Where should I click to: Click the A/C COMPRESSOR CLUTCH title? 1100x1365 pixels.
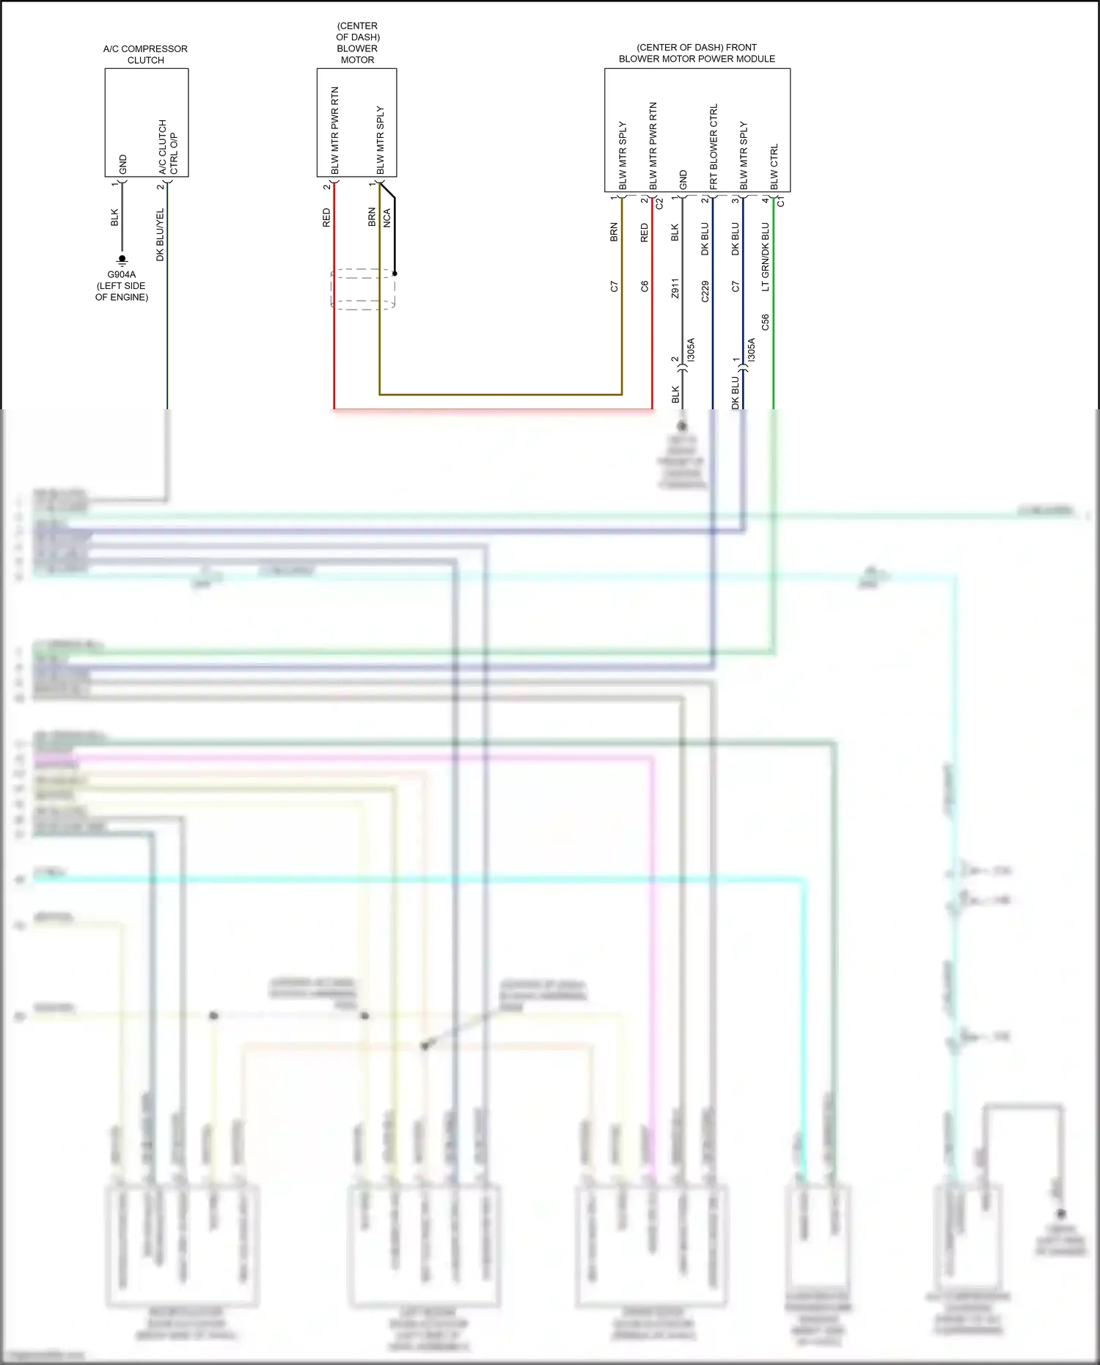145,54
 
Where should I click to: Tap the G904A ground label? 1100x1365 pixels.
122,275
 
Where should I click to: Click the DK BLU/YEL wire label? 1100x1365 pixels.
160,235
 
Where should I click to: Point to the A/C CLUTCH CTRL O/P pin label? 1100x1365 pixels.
168,147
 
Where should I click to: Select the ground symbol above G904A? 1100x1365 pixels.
122,260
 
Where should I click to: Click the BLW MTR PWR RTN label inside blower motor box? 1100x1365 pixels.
335,131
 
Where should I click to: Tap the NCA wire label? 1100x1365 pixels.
387,218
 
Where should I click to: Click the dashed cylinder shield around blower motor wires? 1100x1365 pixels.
363,289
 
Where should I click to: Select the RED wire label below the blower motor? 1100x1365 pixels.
326,218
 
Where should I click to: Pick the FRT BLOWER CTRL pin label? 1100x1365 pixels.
714,147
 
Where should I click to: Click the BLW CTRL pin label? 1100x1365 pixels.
774,167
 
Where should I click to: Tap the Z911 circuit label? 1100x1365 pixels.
675,288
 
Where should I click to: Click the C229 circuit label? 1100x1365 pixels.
705,291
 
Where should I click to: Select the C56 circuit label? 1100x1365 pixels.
766,322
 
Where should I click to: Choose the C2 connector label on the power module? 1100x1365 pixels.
659,203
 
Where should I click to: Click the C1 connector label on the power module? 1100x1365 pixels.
781,201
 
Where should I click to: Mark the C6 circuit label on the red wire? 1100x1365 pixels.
645,287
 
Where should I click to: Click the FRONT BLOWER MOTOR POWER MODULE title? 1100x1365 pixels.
697,53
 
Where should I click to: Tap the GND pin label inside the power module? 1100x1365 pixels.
683,180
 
